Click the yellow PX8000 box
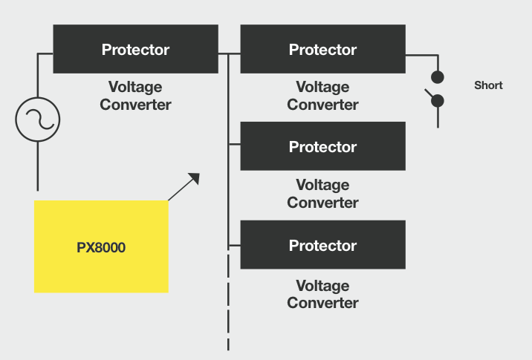pos(101,246)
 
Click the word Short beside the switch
pos(488,85)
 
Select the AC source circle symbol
pos(37,119)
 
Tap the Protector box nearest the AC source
pos(135,49)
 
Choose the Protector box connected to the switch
pos(322,49)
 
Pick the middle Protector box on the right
pos(322,146)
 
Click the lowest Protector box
pos(322,244)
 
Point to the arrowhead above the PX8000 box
pos(195,177)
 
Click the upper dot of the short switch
pos(438,76)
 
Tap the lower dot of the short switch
pos(438,100)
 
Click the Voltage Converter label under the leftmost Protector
pos(135,96)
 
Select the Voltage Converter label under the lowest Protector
pos(322,294)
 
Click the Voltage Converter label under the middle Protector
pos(322,194)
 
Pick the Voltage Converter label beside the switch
pos(322,96)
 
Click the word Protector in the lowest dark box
pos(322,245)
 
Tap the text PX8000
pos(101,247)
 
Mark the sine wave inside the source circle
pos(37,119)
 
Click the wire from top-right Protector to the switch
pos(421,54)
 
